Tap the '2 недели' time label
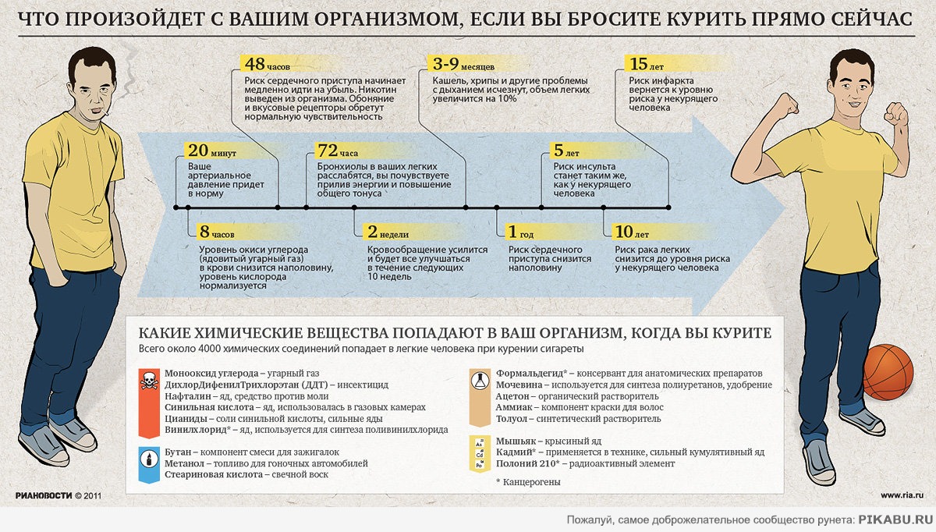(388, 232)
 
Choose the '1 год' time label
(521, 232)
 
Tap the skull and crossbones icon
(149, 381)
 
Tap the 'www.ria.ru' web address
(902, 495)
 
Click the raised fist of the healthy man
(898, 116)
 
